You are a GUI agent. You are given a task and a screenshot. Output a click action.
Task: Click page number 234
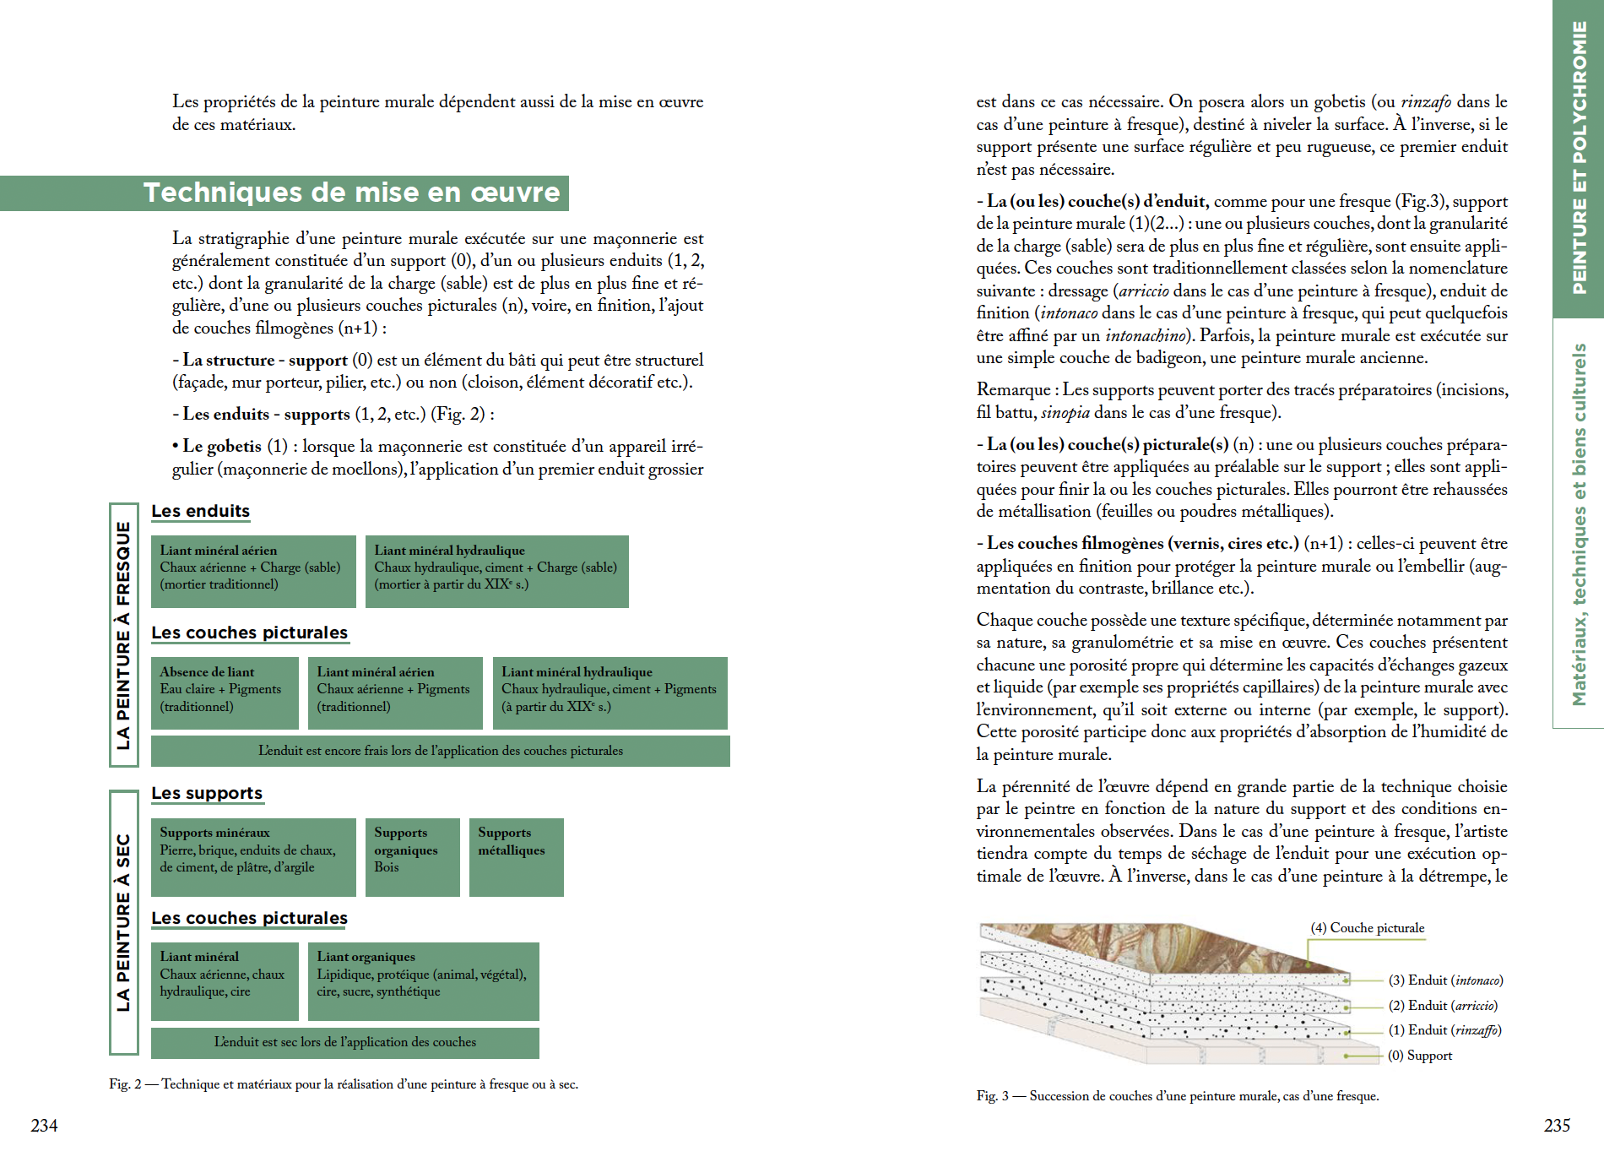click(44, 1125)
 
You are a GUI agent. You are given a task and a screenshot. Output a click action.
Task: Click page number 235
click(1557, 1125)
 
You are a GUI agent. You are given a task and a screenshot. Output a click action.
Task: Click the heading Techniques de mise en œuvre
click(351, 193)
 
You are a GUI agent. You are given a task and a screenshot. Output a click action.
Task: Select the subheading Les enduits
click(200, 511)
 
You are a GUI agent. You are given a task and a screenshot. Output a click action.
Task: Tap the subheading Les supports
click(207, 793)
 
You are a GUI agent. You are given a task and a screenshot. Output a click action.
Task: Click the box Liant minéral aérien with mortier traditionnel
click(253, 571)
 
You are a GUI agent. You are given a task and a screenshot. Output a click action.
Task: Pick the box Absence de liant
click(225, 692)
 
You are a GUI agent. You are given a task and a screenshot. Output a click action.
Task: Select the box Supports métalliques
click(516, 856)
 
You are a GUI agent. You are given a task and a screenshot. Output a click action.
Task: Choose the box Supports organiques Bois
click(412, 856)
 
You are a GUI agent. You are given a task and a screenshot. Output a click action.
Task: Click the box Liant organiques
click(423, 981)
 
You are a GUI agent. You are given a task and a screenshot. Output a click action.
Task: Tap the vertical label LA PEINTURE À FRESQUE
click(123, 635)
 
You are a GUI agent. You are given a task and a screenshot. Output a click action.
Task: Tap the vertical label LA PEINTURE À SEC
click(123, 922)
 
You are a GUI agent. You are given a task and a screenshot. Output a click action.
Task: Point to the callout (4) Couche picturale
click(1367, 928)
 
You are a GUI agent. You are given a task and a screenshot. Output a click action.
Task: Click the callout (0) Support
click(1420, 1056)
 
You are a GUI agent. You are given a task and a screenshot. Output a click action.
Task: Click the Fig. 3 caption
click(1178, 1096)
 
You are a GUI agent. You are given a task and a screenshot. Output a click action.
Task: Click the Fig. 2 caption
click(344, 1084)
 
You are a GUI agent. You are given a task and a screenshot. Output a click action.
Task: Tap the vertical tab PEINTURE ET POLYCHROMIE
click(1579, 158)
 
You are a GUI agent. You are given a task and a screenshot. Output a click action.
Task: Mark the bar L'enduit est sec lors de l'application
click(344, 1042)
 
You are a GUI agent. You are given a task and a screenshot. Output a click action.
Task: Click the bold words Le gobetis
click(222, 446)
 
